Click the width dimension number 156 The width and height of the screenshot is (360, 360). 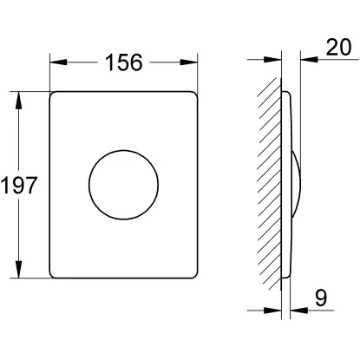point(124,62)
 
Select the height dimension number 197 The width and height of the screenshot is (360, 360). point(19,185)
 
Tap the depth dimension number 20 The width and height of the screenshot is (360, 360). point(338,47)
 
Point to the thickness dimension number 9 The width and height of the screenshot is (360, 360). point(321,298)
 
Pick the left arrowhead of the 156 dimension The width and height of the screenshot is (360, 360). point(58,62)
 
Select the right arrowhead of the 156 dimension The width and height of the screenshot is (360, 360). point(189,62)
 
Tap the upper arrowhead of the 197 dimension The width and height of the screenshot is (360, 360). point(19,101)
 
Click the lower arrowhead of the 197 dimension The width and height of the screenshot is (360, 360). point(19,270)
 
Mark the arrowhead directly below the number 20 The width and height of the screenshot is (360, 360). point(309,60)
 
